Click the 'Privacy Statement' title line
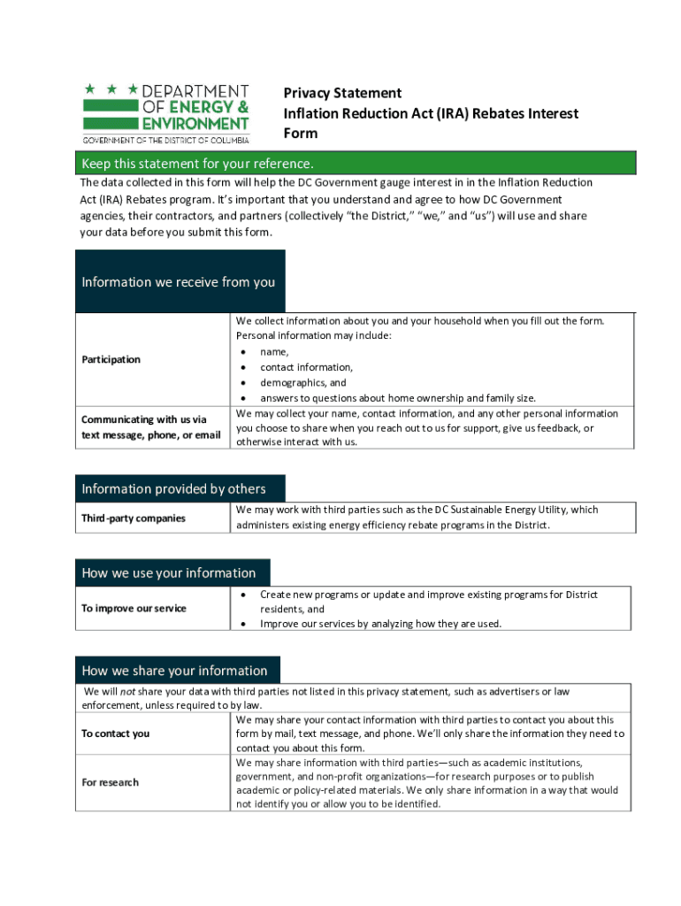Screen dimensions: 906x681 tap(342, 93)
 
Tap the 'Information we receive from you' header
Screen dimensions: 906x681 tap(179, 282)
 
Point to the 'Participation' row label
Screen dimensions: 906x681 tap(111, 359)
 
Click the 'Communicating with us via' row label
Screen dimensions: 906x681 tap(144, 419)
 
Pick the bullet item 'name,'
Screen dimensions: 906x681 tap(274, 351)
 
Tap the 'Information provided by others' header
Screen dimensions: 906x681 tap(173, 489)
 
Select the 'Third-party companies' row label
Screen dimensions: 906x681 tap(134, 518)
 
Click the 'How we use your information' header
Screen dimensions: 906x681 tap(168, 572)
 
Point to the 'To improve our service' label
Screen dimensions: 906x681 tap(134, 609)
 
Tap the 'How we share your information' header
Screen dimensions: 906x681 tap(174, 671)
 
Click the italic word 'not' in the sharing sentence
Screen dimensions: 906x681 tap(128, 691)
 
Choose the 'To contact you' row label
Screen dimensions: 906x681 tap(115, 733)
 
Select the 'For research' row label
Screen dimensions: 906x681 tap(110, 782)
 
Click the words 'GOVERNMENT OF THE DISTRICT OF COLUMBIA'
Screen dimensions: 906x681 tap(166, 140)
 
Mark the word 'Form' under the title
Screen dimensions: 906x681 tap(300, 134)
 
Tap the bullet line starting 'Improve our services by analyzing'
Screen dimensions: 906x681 tap(380, 624)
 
